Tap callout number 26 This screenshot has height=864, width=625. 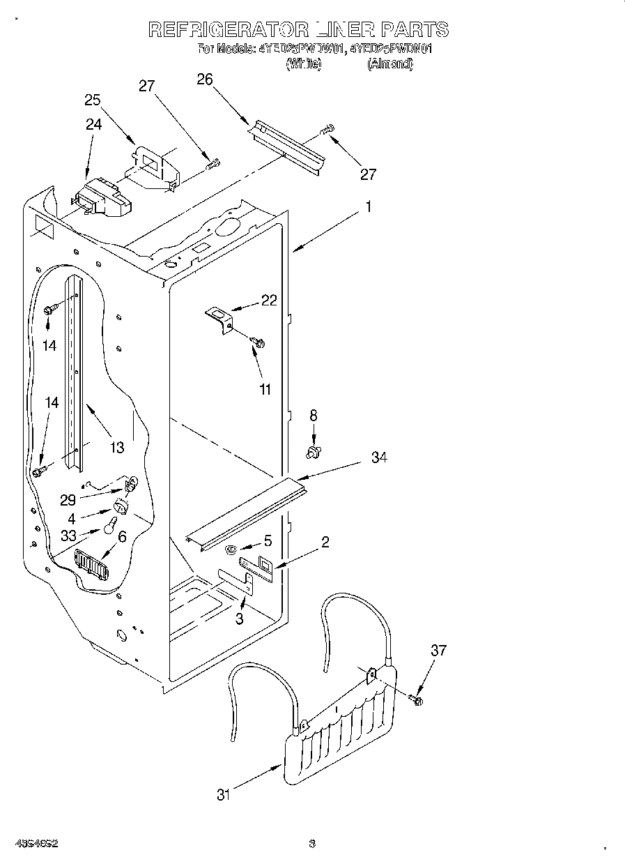click(x=204, y=79)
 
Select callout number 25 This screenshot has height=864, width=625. click(x=93, y=100)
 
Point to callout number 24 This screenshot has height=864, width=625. click(x=93, y=125)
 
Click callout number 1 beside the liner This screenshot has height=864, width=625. click(x=369, y=207)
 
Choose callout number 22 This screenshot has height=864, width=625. click(x=269, y=301)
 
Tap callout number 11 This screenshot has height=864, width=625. click(x=265, y=389)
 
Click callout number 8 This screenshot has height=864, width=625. click(x=314, y=415)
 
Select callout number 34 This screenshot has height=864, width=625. click(x=379, y=457)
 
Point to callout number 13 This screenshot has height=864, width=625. click(x=117, y=447)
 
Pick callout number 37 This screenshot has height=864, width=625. click(x=438, y=651)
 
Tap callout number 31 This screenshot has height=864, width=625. click(x=223, y=794)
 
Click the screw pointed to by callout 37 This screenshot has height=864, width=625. click(x=417, y=699)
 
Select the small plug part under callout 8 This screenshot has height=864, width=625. click(x=313, y=453)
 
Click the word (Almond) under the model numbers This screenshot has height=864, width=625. click(x=390, y=64)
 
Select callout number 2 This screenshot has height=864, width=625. click(x=325, y=542)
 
